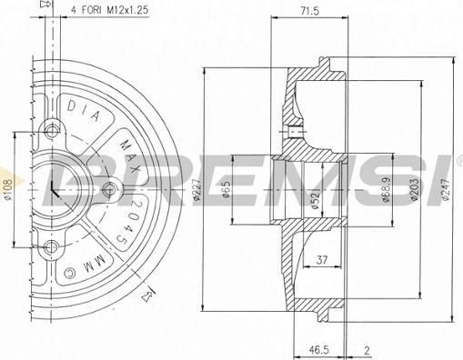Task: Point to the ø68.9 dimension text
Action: (x=386, y=189)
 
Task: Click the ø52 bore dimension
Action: (x=315, y=200)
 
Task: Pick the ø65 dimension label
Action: (x=226, y=190)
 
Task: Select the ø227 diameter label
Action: (x=196, y=190)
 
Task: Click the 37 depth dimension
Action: (x=322, y=260)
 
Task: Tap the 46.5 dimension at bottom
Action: (x=318, y=350)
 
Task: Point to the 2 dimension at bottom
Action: (x=367, y=351)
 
